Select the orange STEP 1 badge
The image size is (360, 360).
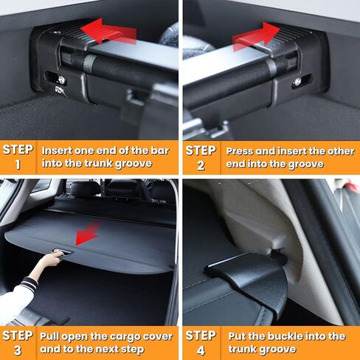tap(18, 156)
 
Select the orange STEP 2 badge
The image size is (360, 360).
tap(200, 156)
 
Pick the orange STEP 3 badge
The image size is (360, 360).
tap(18, 342)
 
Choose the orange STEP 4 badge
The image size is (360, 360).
tap(200, 342)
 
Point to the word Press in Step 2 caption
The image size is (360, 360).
tap(240, 150)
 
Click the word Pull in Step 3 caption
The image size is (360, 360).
tap(53, 336)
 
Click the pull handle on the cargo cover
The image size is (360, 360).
tap(63, 253)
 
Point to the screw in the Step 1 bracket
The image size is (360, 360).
tap(61, 80)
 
